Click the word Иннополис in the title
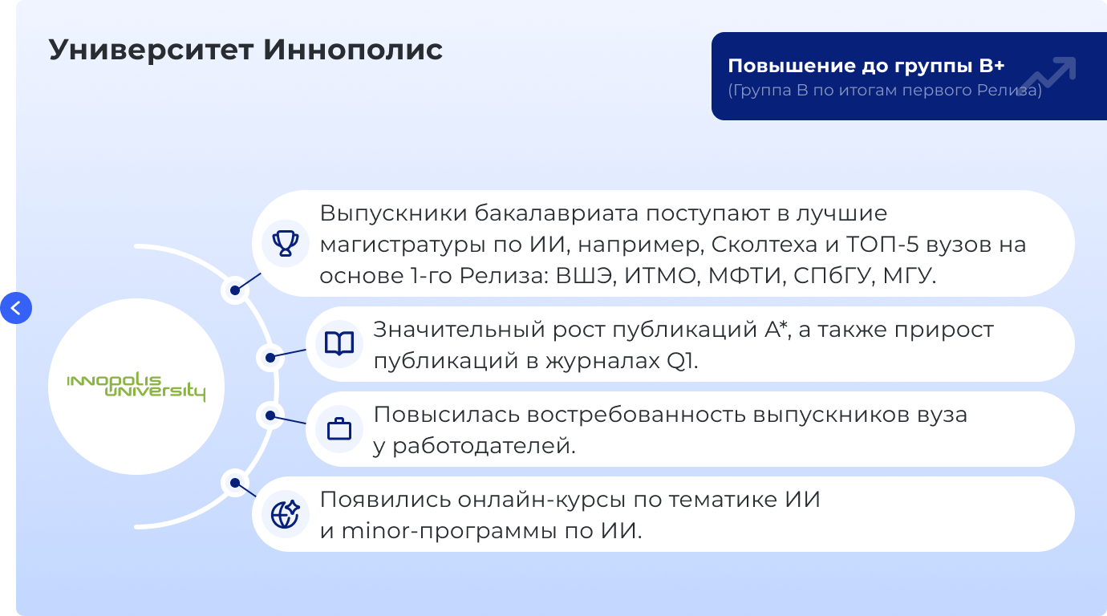coord(352,50)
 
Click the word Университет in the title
coord(152,50)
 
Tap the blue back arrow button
coord(16,308)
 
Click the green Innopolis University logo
coord(136,387)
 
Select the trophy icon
coord(285,244)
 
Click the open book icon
coord(339,344)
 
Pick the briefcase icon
coord(339,429)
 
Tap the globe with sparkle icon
coord(285,514)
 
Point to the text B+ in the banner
coord(991,66)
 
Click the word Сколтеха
coord(764,245)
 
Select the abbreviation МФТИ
coord(747,276)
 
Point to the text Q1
coord(682,361)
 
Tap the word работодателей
coord(484,446)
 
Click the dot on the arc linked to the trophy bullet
coord(235,290)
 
